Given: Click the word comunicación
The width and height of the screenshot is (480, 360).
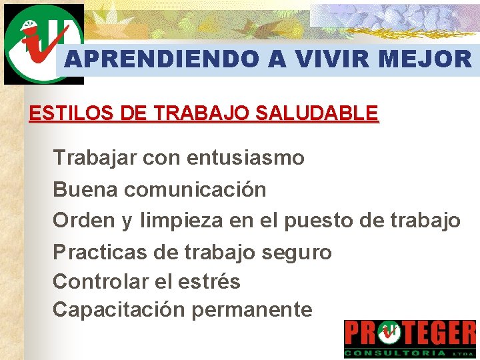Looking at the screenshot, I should click(x=195, y=189).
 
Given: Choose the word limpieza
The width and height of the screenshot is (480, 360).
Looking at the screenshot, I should click(x=181, y=221).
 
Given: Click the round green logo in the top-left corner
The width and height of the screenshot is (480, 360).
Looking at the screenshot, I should click(x=43, y=43).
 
